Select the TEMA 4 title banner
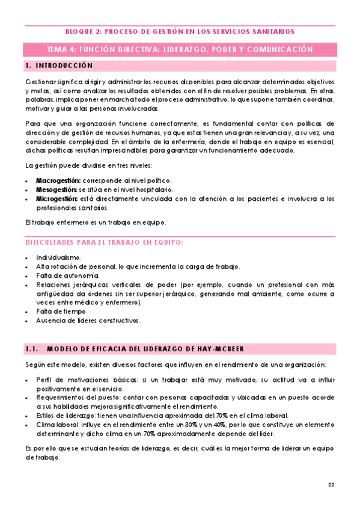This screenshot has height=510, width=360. point(180,49)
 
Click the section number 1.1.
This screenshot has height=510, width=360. point(32,349)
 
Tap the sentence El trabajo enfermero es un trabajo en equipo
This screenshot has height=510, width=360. point(95,223)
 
